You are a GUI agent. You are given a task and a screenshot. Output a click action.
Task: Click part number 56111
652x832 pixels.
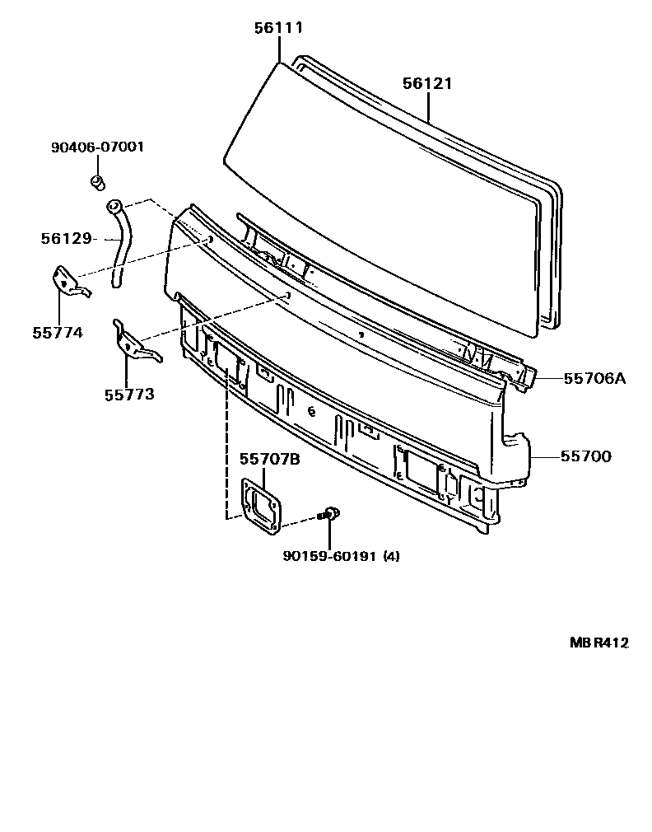coord(278,28)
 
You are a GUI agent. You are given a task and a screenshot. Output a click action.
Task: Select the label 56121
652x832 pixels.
coord(427,84)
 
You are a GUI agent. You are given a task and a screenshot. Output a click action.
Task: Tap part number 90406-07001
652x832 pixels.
coord(97,147)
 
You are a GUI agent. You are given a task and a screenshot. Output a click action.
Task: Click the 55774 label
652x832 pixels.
coord(58,333)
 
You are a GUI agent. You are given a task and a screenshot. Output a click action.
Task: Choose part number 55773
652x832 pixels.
coord(129,395)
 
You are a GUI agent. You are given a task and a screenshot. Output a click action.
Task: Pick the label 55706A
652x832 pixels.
coord(594,379)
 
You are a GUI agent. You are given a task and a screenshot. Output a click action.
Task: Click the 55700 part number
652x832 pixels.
coord(586,456)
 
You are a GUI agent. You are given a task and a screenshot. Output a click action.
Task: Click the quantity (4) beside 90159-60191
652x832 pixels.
coord(390,556)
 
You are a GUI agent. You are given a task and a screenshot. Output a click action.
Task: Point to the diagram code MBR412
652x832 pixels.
coord(599,643)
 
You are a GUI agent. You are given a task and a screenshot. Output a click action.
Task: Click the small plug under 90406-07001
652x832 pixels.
coord(96,180)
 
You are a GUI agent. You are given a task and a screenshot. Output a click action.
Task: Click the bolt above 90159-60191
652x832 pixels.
coord(332,516)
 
